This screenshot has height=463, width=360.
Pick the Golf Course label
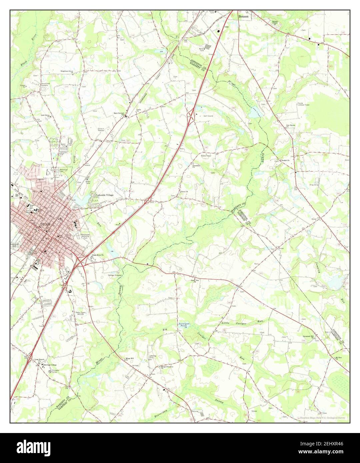click(x=208, y=116)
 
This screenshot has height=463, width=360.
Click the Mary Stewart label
click(x=119, y=113)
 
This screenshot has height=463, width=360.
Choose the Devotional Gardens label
click(x=46, y=84)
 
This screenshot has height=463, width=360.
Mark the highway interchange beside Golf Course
click(x=191, y=116)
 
